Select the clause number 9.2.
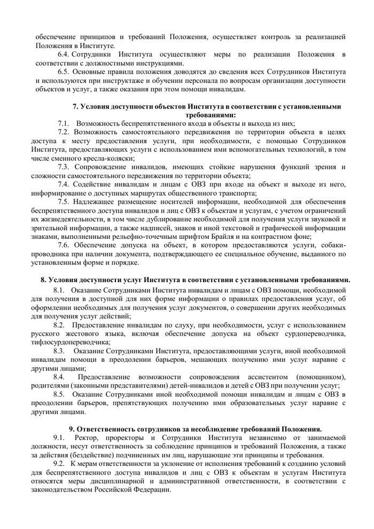point(59,462)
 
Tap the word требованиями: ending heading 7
point(211,114)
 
